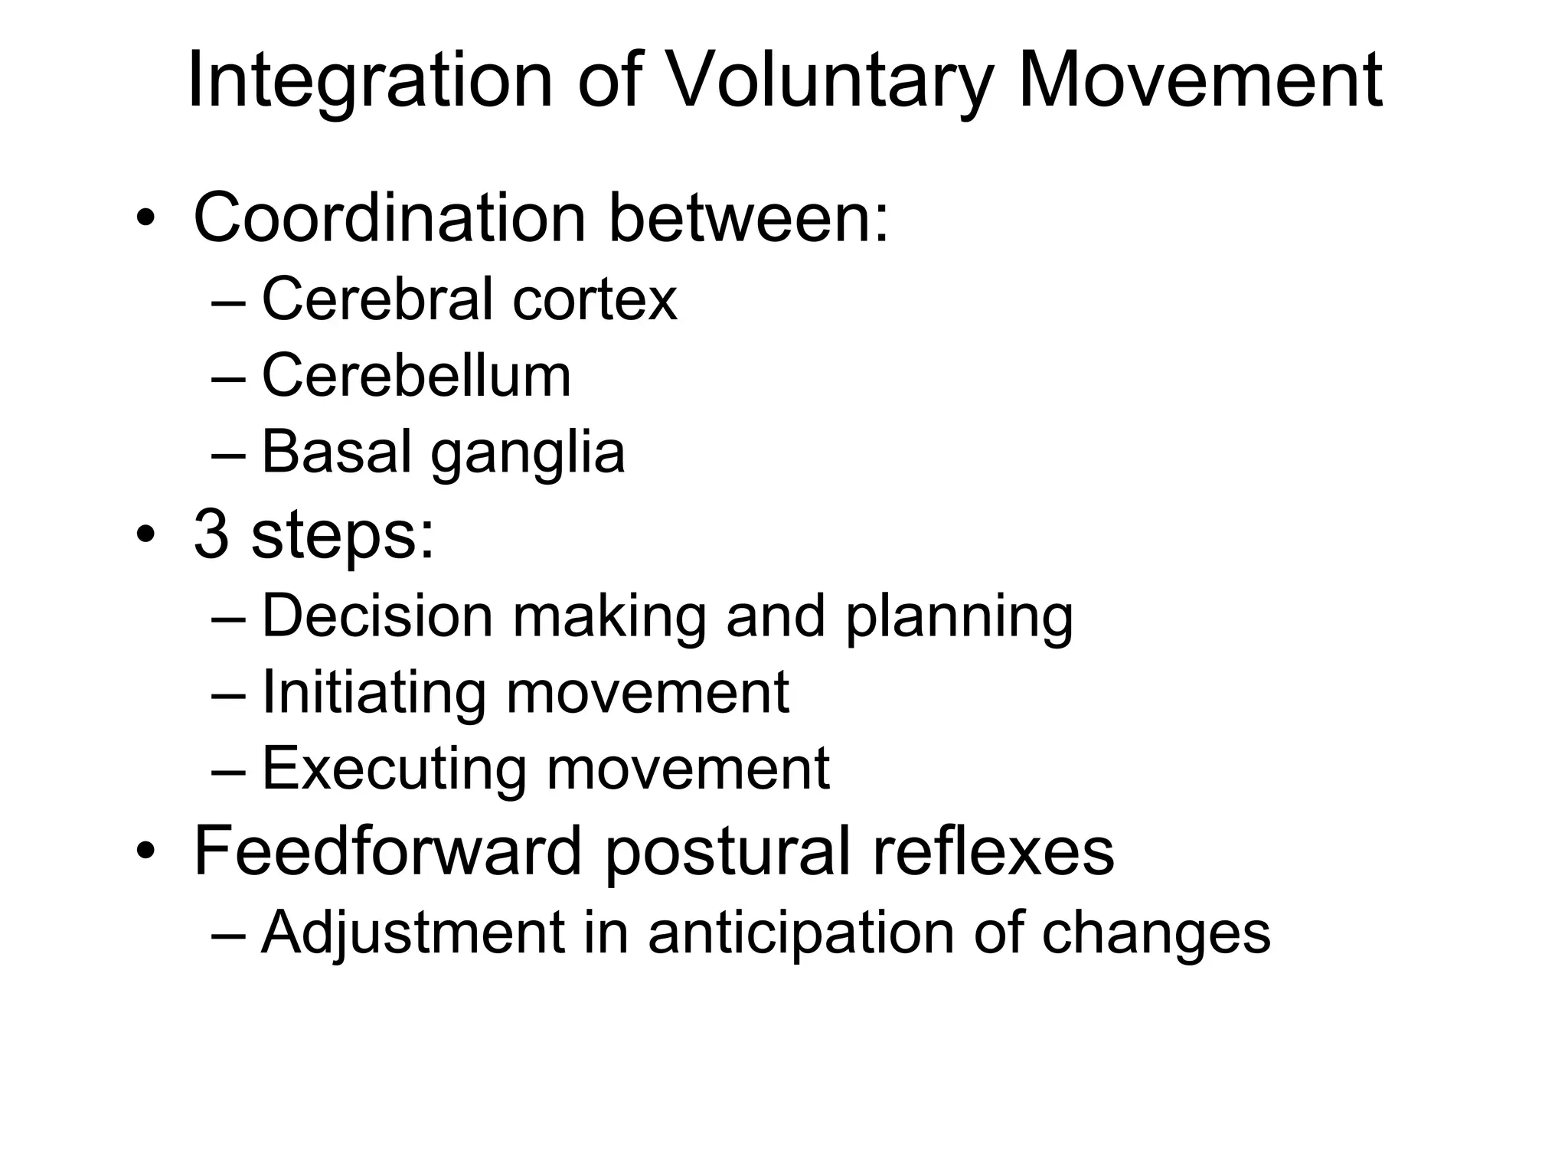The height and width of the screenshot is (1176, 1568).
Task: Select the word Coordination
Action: tap(389, 218)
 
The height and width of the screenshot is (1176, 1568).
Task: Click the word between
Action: tap(748, 218)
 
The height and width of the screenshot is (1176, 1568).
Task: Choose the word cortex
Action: tap(595, 299)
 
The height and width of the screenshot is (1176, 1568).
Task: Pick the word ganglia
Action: tap(528, 453)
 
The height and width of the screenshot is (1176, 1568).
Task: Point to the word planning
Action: tap(959, 617)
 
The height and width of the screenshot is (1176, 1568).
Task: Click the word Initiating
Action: tap(374, 692)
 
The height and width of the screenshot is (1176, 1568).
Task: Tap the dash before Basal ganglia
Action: tap(228, 453)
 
